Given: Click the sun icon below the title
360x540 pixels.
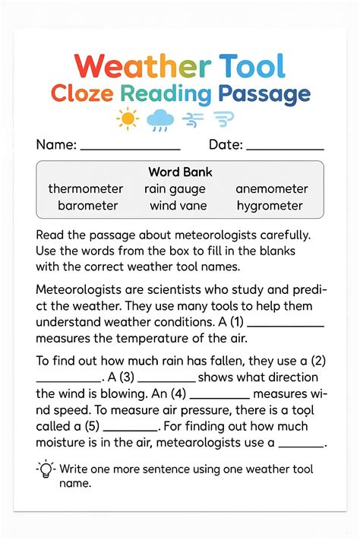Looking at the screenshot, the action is [128, 120].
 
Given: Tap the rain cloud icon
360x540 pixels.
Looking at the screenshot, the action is [160, 120].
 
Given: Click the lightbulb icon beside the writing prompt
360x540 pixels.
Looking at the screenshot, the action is [46, 469].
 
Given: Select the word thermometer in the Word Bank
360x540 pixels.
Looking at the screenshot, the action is [85, 188].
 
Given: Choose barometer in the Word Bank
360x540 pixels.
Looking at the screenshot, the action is [87, 205].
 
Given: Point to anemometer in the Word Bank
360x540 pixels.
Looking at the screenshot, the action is [271, 188].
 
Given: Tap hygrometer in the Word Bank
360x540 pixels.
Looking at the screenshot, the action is [270, 205].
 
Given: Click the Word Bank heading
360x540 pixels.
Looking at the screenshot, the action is [180, 172].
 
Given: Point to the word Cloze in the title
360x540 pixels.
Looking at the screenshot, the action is [81, 94].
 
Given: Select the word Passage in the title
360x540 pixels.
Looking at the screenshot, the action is [264, 94].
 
